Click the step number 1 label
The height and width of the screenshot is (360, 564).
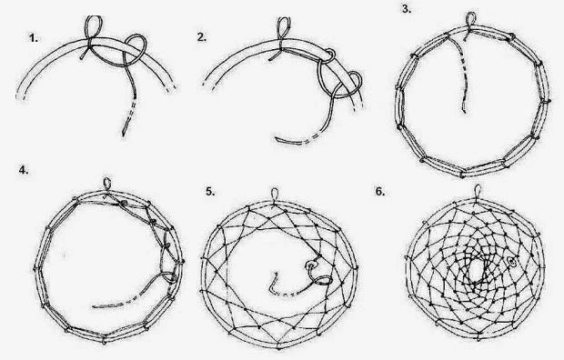(x=34, y=38)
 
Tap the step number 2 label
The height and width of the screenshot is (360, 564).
(x=202, y=37)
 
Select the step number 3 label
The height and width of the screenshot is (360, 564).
(x=407, y=9)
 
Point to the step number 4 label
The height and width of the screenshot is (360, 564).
(x=24, y=170)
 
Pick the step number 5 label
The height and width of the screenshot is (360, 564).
(x=210, y=192)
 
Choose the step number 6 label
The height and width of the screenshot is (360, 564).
(x=380, y=192)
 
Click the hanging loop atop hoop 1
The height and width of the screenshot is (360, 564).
(x=93, y=26)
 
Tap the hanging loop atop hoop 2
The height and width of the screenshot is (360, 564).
(x=284, y=28)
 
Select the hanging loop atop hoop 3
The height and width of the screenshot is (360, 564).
(x=471, y=19)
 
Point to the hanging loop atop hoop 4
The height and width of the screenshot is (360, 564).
(x=107, y=183)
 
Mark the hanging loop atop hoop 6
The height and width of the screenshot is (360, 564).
(x=478, y=190)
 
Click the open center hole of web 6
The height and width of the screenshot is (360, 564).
(x=477, y=269)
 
